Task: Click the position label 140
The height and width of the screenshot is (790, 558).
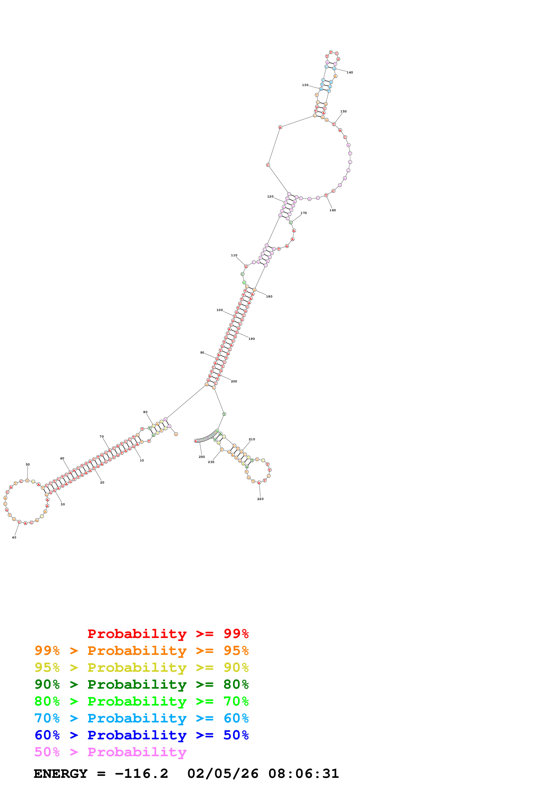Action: [350, 73]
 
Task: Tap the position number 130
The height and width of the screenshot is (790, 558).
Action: [305, 85]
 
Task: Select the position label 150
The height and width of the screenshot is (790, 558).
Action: [343, 111]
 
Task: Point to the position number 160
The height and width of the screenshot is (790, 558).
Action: [332, 210]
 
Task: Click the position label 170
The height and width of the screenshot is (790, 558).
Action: [304, 213]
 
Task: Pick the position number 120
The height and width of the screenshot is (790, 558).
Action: [270, 196]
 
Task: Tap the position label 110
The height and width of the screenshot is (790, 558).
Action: [234, 255]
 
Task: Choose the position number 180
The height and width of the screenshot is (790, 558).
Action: [269, 296]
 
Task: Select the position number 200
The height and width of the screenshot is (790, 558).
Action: [234, 381]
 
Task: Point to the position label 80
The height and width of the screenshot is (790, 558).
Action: [145, 412]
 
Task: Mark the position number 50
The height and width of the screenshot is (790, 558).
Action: [27, 465]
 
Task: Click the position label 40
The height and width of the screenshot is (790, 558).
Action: [14, 538]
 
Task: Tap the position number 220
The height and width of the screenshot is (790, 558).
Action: [260, 499]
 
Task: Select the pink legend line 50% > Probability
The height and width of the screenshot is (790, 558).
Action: [110, 752]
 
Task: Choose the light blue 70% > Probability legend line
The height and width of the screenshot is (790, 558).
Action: [141, 718]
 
